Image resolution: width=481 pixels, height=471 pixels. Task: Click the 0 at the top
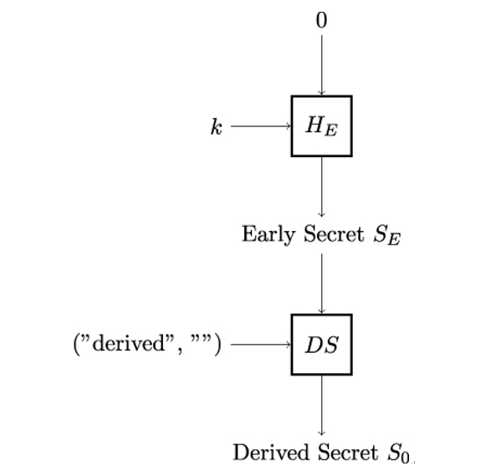(321, 21)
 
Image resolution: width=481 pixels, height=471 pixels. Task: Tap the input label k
(217, 126)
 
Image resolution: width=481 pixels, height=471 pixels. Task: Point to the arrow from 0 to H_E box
(321, 65)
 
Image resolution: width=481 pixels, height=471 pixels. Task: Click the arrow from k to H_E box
(261, 126)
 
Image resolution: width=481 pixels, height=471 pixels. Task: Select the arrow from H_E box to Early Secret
(321, 187)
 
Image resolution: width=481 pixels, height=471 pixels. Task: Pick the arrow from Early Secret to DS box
(321, 284)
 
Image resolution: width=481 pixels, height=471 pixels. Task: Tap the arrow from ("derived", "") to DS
(261, 345)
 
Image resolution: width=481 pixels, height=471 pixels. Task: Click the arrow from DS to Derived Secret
(321, 405)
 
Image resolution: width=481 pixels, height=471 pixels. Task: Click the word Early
(269, 235)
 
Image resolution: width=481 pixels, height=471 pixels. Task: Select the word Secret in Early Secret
(334, 234)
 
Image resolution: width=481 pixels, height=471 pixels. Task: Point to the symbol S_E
(386, 236)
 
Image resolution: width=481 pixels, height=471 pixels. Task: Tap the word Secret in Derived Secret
(347, 453)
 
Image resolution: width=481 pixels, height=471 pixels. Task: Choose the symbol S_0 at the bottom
(398, 453)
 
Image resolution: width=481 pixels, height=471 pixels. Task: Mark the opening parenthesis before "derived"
(76, 345)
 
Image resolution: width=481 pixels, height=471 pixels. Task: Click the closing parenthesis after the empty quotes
(217, 345)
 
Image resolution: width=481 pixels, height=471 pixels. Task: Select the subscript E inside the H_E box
(331, 131)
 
